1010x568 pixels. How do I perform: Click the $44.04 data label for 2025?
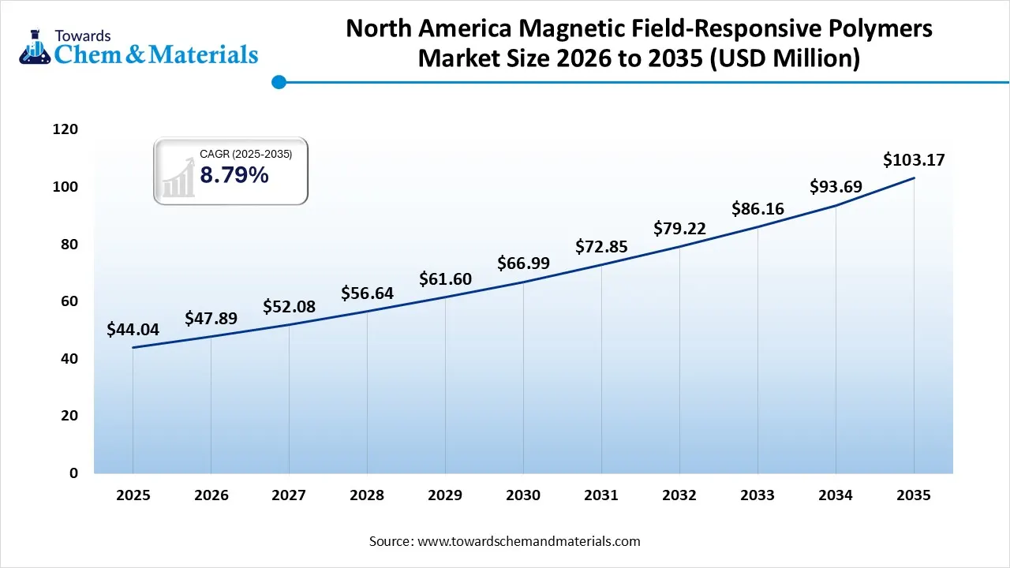[x=133, y=330]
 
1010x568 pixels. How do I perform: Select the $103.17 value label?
[x=914, y=160]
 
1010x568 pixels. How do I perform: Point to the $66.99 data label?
[x=523, y=263]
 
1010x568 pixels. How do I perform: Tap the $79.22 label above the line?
[x=679, y=229]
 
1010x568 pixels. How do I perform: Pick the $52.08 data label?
[x=289, y=306]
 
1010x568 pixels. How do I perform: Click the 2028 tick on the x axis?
[x=367, y=495]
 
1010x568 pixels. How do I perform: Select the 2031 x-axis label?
[x=601, y=495]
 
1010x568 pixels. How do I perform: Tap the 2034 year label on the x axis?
[x=836, y=495]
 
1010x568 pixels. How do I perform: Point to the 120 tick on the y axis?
[x=65, y=129]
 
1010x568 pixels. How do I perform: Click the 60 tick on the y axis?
[x=69, y=301]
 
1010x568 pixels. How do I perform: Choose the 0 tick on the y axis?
[x=73, y=473]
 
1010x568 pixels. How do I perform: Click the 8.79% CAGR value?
[x=234, y=175]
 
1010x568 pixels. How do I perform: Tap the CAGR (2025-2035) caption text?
[x=245, y=155]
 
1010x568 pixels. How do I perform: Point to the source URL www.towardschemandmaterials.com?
[x=528, y=541]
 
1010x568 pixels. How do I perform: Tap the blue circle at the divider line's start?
[x=278, y=81]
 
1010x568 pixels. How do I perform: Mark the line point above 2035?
[x=914, y=178]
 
